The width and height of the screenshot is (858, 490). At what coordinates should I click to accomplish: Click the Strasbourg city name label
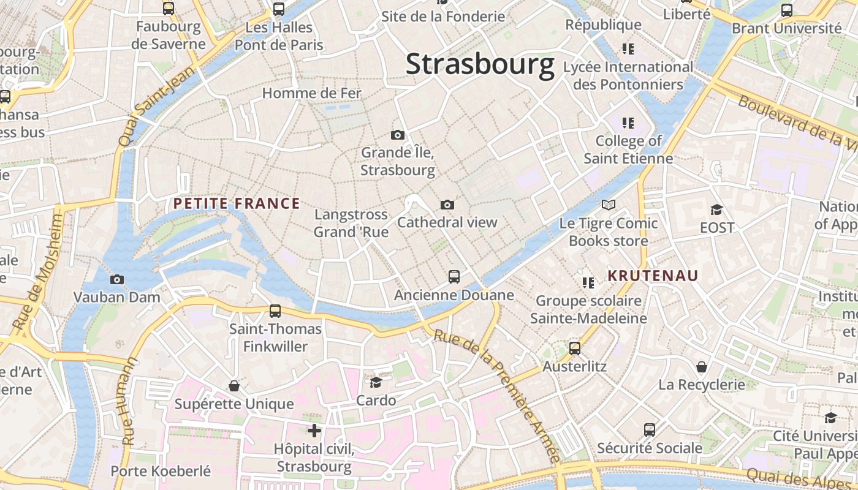pyautogui.click(x=480, y=64)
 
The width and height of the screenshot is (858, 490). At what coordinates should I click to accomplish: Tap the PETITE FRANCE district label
pyautogui.click(x=237, y=204)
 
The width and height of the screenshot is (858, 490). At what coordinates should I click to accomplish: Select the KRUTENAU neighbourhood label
pyautogui.click(x=653, y=276)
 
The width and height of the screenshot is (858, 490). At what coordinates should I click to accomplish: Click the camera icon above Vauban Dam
pyautogui.click(x=116, y=279)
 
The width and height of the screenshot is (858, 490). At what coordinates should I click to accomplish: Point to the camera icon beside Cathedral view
pyautogui.click(x=447, y=205)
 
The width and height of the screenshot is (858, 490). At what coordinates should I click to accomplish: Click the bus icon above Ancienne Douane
pyautogui.click(x=454, y=277)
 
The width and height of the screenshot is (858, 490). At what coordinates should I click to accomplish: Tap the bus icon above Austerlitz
pyautogui.click(x=574, y=349)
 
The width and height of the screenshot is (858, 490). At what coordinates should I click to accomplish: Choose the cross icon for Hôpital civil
pyautogui.click(x=314, y=431)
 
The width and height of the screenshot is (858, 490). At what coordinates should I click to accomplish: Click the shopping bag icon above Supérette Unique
pyautogui.click(x=233, y=386)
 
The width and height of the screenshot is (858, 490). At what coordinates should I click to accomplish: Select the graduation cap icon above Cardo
pyautogui.click(x=376, y=382)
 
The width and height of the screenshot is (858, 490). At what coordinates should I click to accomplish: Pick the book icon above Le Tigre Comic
pyautogui.click(x=608, y=205)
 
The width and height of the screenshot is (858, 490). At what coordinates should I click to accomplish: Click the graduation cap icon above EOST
pyautogui.click(x=716, y=209)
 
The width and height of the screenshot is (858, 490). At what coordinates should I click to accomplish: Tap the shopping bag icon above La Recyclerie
pyautogui.click(x=702, y=367)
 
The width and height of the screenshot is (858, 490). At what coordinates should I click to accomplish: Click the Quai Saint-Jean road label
pyautogui.click(x=157, y=107)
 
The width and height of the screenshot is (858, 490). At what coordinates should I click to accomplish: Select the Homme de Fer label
pyautogui.click(x=312, y=93)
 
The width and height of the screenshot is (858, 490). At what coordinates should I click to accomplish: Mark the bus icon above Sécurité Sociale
pyautogui.click(x=650, y=429)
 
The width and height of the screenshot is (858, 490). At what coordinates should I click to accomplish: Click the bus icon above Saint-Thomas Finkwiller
pyautogui.click(x=275, y=311)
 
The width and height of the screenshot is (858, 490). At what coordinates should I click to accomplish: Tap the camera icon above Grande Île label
pyautogui.click(x=397, y=135)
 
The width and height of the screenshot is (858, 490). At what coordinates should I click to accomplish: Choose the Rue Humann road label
pyautogui.click(x=128, y=401)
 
